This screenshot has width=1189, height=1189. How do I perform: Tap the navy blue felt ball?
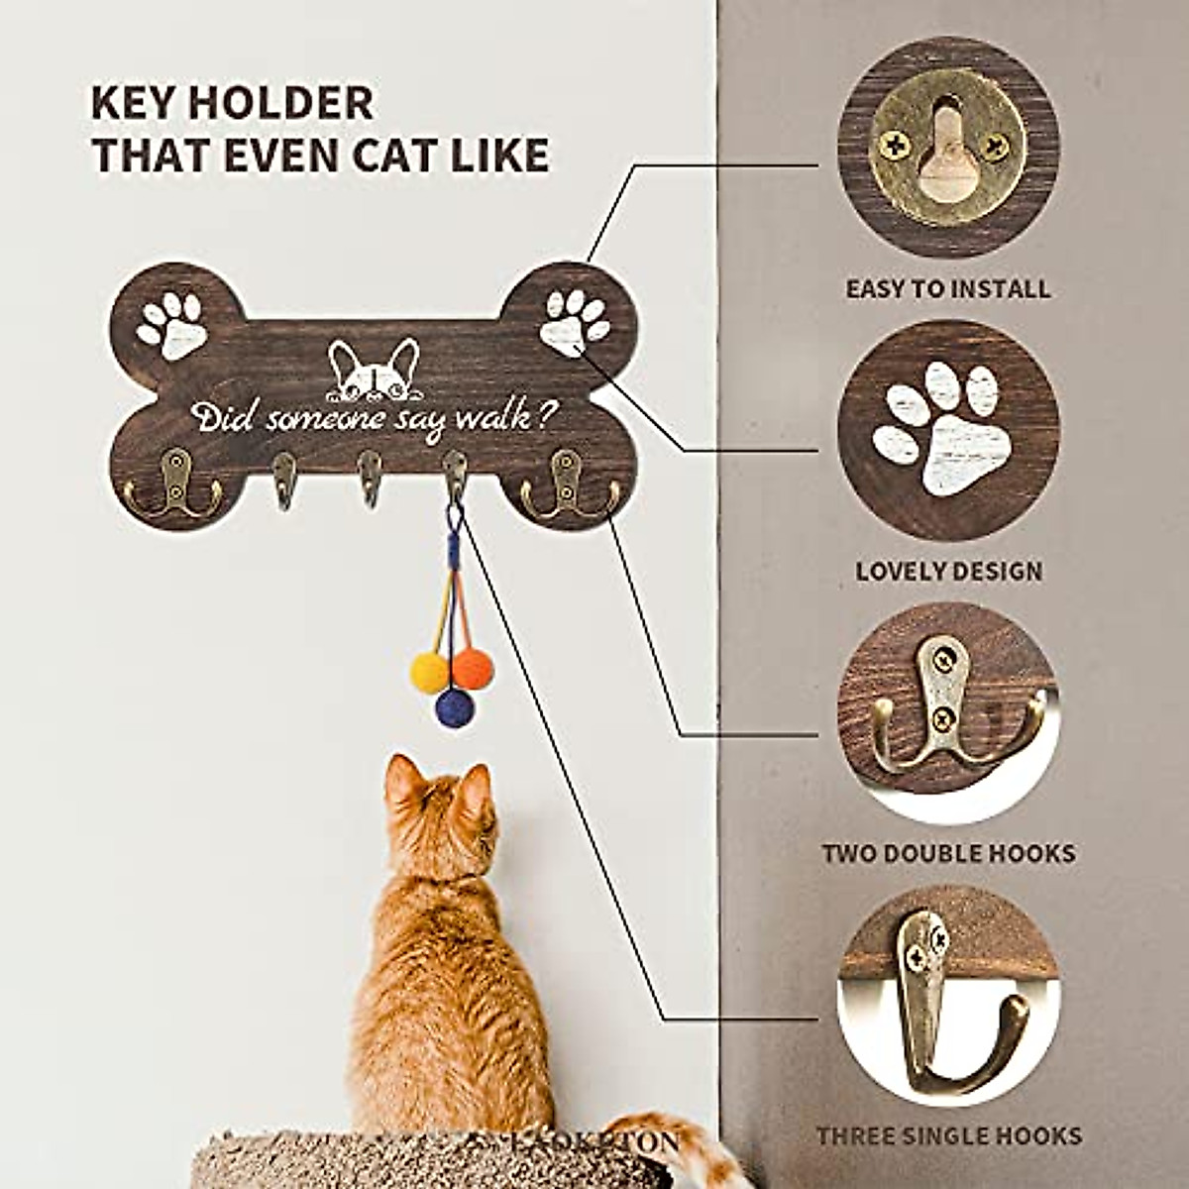[455, 707]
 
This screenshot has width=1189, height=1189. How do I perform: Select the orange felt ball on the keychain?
[474, 669]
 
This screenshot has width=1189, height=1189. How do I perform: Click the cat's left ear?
[400, 779]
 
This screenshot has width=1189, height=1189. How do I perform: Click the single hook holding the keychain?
[455, 476]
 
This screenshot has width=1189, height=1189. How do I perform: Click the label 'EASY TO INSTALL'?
[947, 289]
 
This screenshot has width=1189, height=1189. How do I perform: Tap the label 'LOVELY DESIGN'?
[948, 572]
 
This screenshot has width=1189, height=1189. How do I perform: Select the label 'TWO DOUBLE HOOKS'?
[948, 853]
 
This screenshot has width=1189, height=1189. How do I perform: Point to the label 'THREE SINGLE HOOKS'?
[948, 1135]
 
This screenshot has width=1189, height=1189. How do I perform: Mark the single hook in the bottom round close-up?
[941, 1001]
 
